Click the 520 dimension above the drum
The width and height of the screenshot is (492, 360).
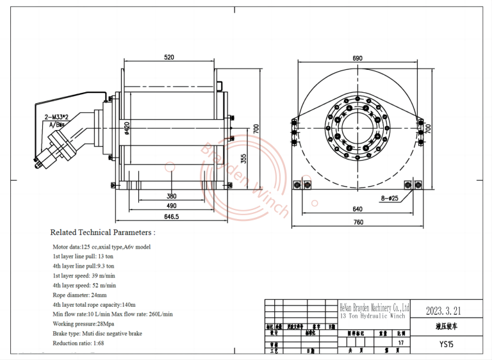[168, 58]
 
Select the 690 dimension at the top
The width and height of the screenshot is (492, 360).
[357, 58]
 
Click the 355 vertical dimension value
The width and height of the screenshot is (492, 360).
[244, 158]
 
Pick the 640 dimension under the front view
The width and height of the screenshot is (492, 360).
[357, 208]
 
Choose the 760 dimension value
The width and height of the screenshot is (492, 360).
[357, 222]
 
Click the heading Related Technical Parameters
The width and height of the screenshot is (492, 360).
[102, 233]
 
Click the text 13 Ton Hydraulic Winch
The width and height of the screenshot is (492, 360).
[373, 316]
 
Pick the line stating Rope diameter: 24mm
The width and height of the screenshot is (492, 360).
[80, 295]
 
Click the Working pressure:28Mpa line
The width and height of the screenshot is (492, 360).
[84, 324]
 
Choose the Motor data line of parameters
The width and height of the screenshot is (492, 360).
[101, 247]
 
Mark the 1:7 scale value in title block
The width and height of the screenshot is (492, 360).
[401, 343]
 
